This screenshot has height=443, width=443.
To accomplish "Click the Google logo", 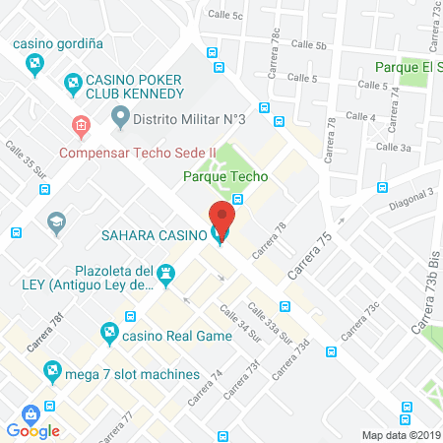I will (32, 430).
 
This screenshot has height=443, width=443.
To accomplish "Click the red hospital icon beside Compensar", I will (81, 126).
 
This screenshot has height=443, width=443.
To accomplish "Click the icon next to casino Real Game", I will (108, 334).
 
